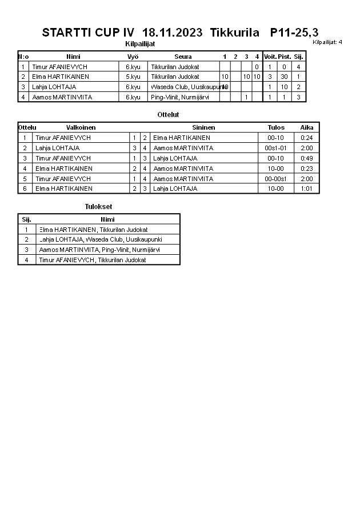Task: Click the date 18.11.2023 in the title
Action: pyautogui.click(x=172, y=33)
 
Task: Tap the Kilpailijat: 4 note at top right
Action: pyautogui.click(x=327, y=42)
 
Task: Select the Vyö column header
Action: pyautogui.click(x=133, y=57)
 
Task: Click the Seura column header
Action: pyautogui.click(x=183, y=57)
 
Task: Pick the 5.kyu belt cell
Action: pyautogui.click(x=133, y=77)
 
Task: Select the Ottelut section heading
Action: pyautogui.click(x=168, y=115)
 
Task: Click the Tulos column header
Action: pyautogui.click(x=276, y=127)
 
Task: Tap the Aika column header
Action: pyautogui.click(x=307, y=127)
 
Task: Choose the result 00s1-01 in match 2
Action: pyautogui.click(x=276, y=148)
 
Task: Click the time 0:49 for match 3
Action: pyautogui.click(x=307, y=158)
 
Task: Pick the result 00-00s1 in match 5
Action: pyautogui.click(x=276, y=179)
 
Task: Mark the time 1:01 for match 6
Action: pyautogui.click(x=307, y=189)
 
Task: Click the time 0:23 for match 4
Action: pyautogui.click(x=307, y=169)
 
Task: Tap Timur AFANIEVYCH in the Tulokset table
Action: pyautogui.click(x=92, y=260)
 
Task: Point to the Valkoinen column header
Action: pyautogui.click(x=81, y=127)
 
